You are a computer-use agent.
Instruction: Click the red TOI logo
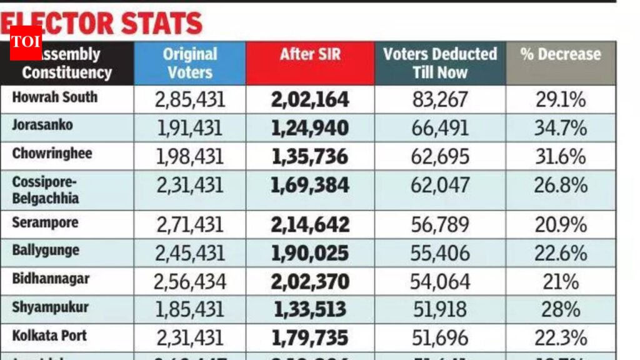pos(26,42)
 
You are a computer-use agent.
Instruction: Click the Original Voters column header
pos(189,63)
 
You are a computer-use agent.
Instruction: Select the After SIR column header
pos(310,54)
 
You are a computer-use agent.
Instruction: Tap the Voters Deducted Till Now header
pos(440,63)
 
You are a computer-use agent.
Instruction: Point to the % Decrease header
pos(560,54)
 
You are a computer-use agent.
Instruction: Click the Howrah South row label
pos(55,97)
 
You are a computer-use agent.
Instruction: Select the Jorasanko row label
pos(42,125)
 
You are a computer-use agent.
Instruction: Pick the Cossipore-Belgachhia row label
pos(46,190)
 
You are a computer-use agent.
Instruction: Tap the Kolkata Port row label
pos(49,336)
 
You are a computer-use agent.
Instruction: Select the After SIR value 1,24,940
pos(310,128)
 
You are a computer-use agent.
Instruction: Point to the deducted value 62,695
pos(440,156)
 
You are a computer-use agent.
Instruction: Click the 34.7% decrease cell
pos(560,128)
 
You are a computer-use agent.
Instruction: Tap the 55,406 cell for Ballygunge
pos(440,253)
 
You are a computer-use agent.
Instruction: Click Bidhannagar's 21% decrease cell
pos(560,281)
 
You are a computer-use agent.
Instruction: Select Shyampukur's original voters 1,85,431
pos(189,309)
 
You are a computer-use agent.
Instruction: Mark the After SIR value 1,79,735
pos(310,338)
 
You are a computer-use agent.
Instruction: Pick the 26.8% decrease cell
pos(560,186)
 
